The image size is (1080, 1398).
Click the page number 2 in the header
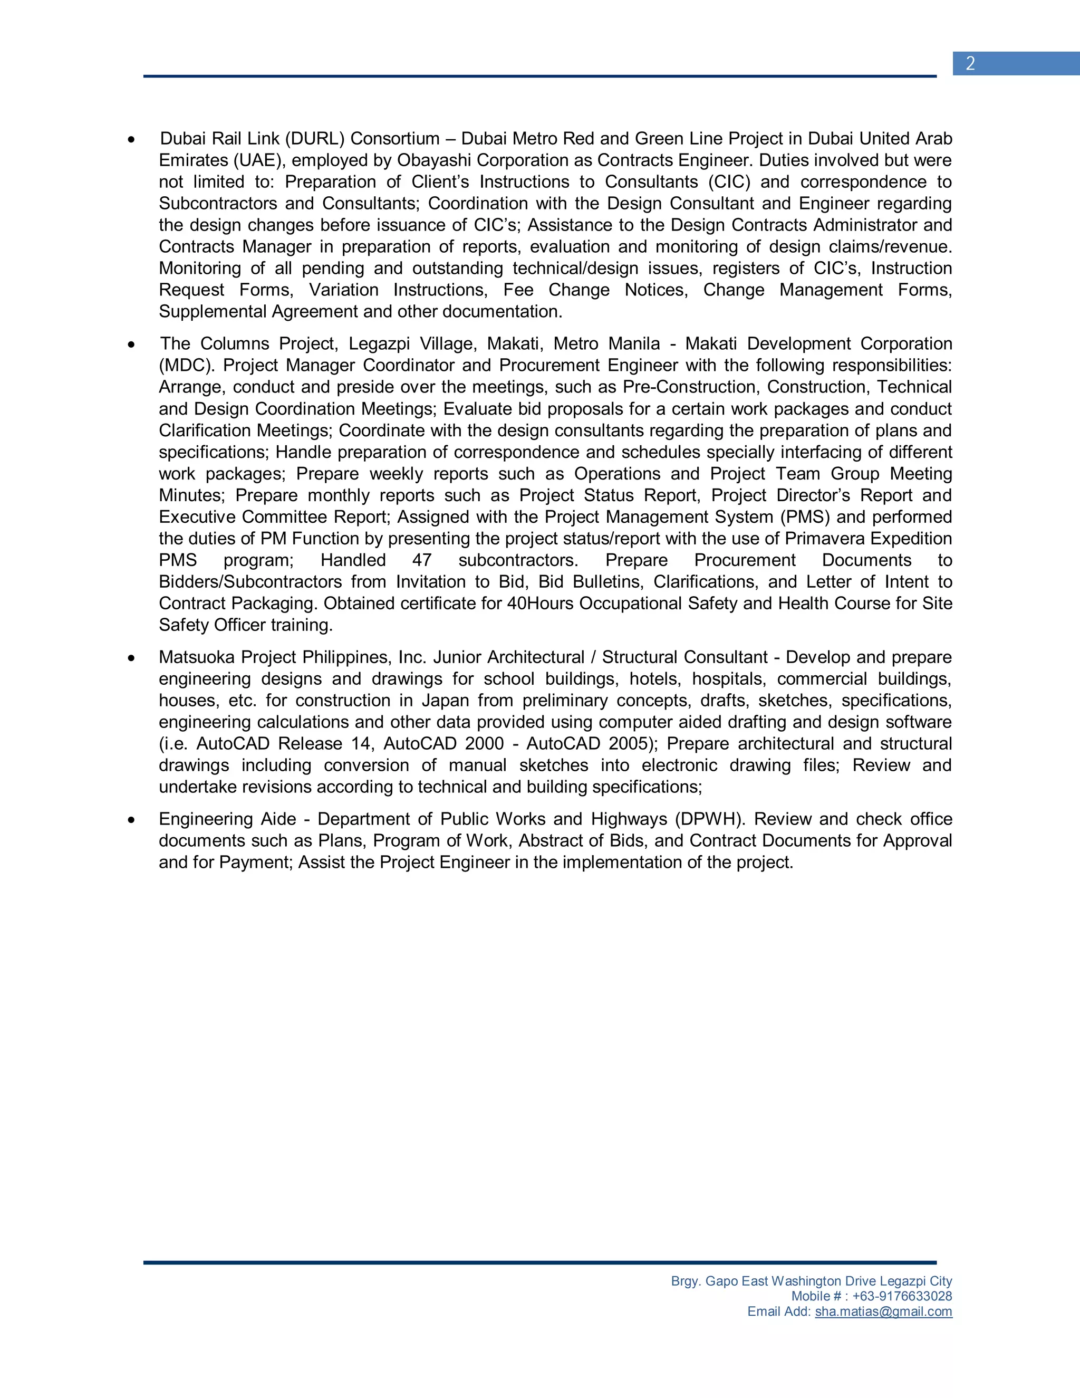[970, 63]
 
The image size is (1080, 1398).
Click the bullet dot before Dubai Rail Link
[131, 140]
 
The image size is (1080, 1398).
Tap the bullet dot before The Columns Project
[131, 345]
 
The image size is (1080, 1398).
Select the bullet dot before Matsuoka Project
[131, 658]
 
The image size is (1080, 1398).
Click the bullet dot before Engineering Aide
[131, 820]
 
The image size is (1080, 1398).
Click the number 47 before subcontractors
[422, 560]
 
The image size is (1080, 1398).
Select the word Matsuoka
[197, 657]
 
